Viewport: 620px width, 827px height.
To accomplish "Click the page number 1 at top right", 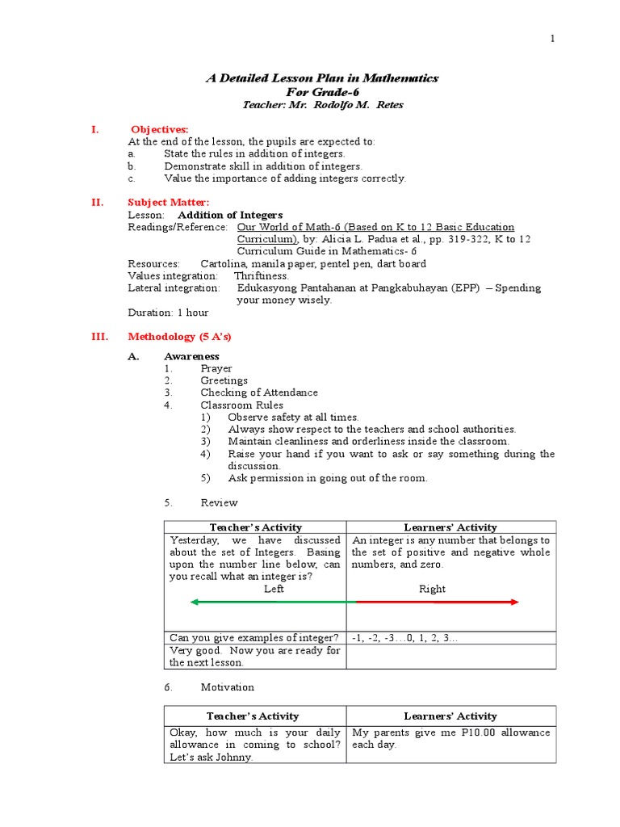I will click(553, 39).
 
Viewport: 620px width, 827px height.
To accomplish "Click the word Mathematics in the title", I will click(396, 78).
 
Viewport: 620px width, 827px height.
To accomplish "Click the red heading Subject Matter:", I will click(169, 202).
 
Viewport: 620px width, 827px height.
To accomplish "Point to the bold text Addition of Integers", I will click(230, 215).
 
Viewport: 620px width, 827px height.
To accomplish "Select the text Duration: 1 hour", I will click(168, 312).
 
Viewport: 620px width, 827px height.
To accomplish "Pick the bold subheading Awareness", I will click(191, 356).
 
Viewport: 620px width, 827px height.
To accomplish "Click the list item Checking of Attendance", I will click(259, 393).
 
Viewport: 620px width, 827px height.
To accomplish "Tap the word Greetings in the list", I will click(224, 380).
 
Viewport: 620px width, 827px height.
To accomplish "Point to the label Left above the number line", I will click(274, 589).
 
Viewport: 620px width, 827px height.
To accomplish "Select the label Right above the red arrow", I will click(432, 589).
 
